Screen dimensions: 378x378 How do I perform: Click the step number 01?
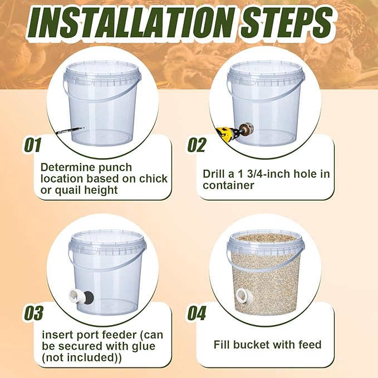[32, 145]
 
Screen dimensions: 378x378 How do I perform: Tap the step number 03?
[33, 313]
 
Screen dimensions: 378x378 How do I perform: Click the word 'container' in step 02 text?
[228, 185]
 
